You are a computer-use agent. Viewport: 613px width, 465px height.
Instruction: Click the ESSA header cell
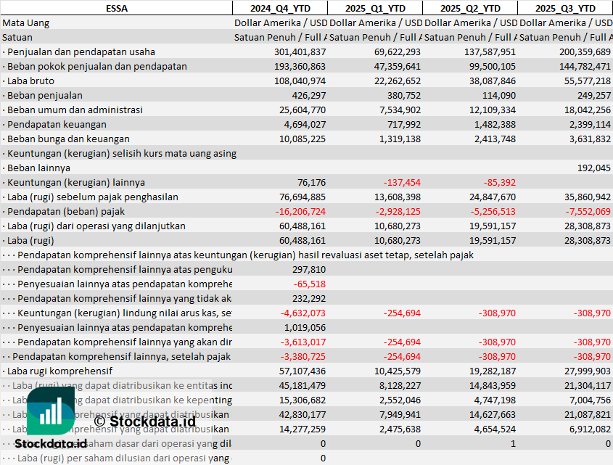pyautogui.click(x=116, y=8)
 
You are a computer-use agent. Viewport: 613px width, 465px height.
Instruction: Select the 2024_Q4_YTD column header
pyautogui.click(x=279, y=8)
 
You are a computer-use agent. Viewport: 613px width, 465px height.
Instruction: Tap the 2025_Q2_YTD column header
pyautogui.click(x=470, y=8)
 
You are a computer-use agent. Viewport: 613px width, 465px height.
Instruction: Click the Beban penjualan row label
pyautogui.click(x=44, y=95)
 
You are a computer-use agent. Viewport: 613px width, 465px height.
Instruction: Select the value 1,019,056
pyautogui.click(x=304, y=327)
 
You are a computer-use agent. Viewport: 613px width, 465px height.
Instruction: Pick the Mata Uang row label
pyautogui.click(x=26, y=22)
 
